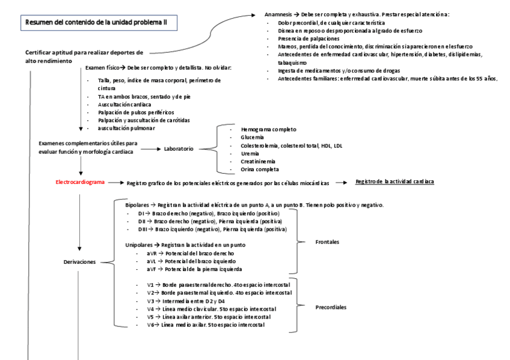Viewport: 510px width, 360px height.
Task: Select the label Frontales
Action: coord(327,242)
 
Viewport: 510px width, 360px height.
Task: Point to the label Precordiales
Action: coord(331,307)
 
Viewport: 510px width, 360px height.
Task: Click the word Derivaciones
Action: coord(82,262)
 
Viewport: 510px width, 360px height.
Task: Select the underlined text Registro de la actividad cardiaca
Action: coord(395,181)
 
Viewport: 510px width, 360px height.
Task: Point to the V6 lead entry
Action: coord(204,325)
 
